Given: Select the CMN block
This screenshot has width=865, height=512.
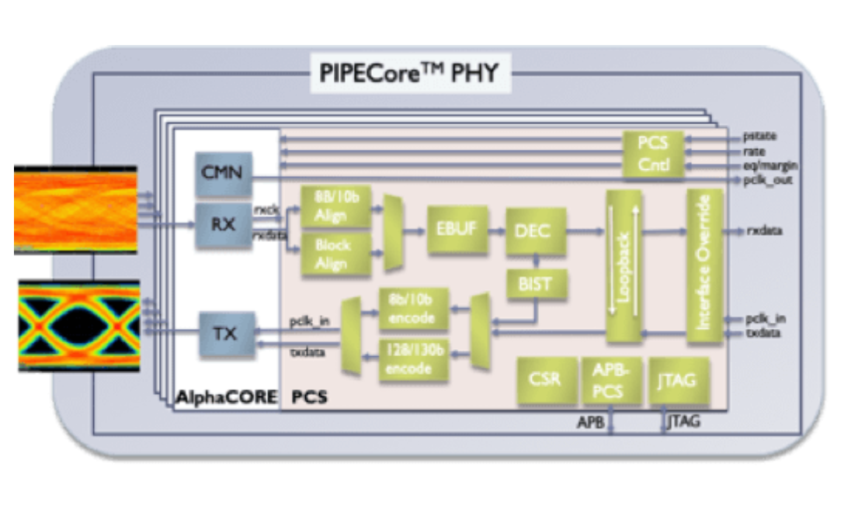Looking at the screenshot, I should pyautogui.click(x=224, y=172).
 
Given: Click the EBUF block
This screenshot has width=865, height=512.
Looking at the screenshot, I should pyautogui.click(x=457, y=230).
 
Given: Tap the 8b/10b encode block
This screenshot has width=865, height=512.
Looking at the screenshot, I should pyautogui.click(x=414, y=310).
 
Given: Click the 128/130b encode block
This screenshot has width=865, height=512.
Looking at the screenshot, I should pyautogui.click(x=414, y=359).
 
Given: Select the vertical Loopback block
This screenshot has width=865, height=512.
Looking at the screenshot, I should pyautogui.click(x=624, y=265).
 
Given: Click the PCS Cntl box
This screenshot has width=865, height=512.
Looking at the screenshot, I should pyautogui.click(x=654, y=154).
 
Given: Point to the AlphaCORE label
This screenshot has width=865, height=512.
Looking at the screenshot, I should pyautogui.click(x=226, y=398).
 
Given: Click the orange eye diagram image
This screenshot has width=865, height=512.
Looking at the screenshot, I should pyautogui.click(x=75, y=210).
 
